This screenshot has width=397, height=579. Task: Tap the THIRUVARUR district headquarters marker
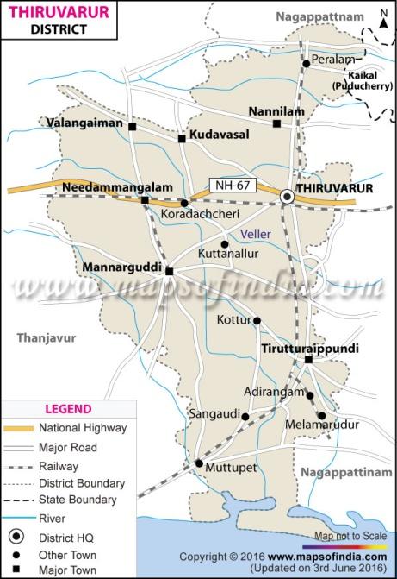[x=288, y=198]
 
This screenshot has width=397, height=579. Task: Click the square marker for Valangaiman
[x=133, y=127]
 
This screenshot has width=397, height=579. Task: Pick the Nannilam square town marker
[x=276, y=124]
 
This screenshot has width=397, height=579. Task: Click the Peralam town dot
[x=306, y=63]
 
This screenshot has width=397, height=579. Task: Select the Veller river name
[x=256, y=234]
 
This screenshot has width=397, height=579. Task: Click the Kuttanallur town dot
[x=225, y=244]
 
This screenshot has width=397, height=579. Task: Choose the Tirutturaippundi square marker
[x=307, y=359]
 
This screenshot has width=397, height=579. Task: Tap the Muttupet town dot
[x=198, y=464]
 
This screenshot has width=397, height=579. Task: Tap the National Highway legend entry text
[x=83, y=427]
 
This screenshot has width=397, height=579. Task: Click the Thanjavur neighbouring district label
[x=47, y=338]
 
